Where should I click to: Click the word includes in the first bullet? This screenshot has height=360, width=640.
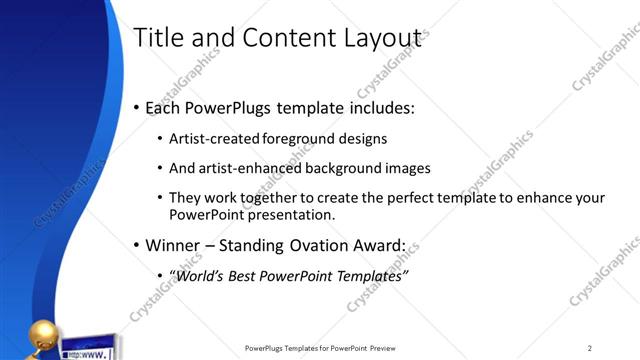[374, 107]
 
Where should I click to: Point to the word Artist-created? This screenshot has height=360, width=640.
[215, 139]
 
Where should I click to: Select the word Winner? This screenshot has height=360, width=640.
[177, 245]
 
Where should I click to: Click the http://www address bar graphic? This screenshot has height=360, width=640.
[88, 353]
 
